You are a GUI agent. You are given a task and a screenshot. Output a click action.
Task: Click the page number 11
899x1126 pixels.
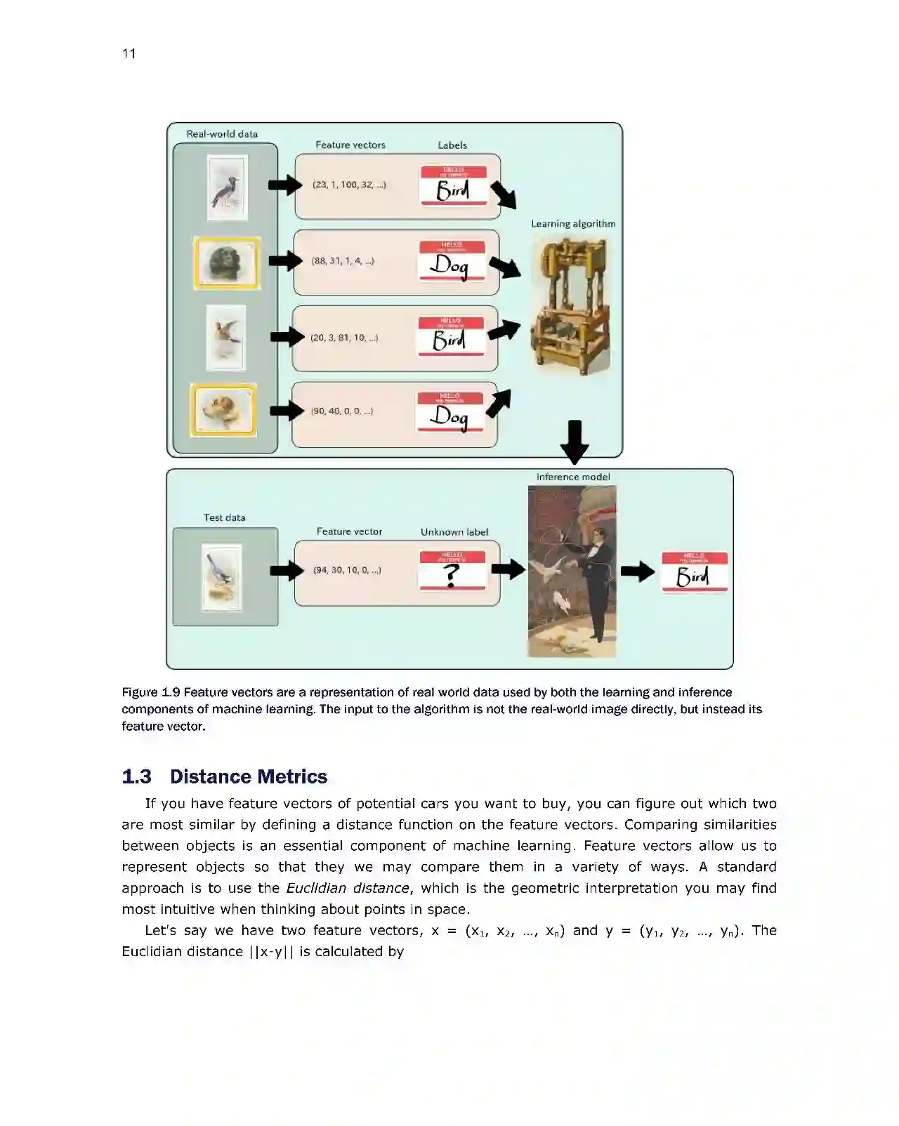coord(129,54)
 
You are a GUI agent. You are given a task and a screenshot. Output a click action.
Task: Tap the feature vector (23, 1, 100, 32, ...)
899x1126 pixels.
coord(349,185)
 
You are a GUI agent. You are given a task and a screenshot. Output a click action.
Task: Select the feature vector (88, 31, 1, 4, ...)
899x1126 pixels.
coord(343,261)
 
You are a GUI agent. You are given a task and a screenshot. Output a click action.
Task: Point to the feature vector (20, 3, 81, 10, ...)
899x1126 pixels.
coord(344,338)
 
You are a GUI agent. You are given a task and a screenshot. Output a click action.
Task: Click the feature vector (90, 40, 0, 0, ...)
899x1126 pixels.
coord(342,411)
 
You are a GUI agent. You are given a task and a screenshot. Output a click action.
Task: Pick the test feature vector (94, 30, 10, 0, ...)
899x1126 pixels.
coord(347,570)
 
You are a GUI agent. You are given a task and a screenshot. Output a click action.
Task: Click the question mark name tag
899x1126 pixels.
coord(452,571)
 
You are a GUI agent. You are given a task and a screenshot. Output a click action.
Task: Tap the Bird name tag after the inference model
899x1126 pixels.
coord(694,572)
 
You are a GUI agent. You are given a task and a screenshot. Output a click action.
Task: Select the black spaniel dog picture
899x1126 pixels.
coord(227,263)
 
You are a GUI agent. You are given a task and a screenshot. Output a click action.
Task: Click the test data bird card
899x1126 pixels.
coord(222,577)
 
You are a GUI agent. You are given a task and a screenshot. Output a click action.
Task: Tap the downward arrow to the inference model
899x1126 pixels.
coord(575,442)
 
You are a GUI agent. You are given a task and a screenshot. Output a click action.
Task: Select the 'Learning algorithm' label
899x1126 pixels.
coord(573,224)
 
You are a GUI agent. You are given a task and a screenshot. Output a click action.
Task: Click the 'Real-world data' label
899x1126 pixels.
coord(222,134)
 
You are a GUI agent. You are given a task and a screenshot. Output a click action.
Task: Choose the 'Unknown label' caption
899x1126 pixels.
coord(454,532)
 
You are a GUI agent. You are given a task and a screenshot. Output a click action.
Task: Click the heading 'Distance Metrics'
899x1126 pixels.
coord(249,776)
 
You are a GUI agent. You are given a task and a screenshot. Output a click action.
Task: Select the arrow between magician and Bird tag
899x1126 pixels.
coord(637,571)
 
